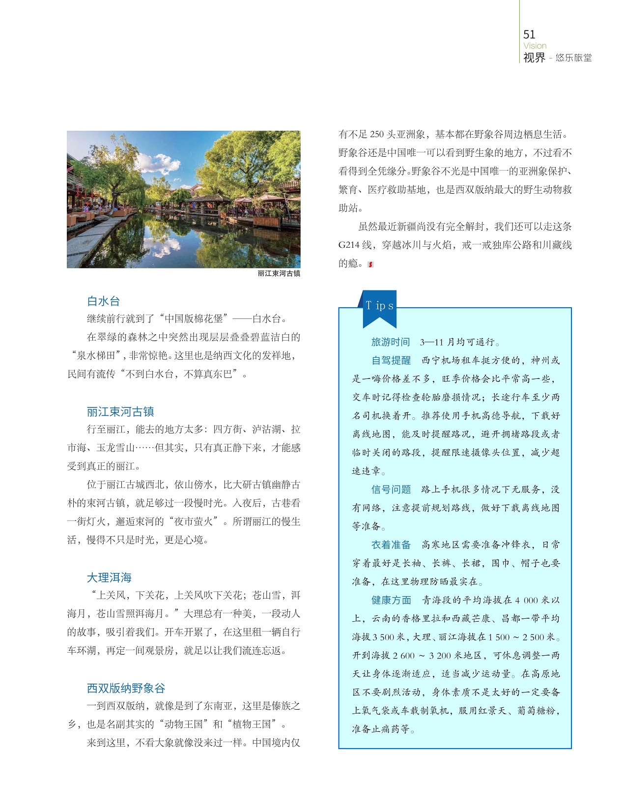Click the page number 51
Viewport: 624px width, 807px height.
(x=529, y=34)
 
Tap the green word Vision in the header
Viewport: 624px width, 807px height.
(x=535, y=46)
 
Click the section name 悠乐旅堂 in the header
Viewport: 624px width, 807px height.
(x=573, y=58)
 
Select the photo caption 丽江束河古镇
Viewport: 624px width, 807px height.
(x=279, y=273)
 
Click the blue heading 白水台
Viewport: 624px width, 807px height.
(x=103, y=301)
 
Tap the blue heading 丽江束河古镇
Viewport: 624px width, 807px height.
(x=120, y=411)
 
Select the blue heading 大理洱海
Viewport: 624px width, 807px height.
(x=109, y=577)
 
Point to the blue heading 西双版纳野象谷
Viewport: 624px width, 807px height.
(x=126, y=688)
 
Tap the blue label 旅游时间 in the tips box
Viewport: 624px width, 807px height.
(x=391, y=342)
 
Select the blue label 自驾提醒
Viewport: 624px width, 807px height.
(x=391, y=360)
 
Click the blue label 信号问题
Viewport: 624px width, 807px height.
(x=391, y=490)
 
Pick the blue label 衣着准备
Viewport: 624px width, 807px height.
(x=391, y=545)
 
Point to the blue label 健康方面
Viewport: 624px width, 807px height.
(x=391, y=600)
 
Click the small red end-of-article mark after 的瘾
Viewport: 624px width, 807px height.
(x=370, y=264)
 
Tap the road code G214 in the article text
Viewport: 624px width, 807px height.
(x=349, y=245)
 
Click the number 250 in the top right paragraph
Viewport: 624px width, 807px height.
(x=377, y=134)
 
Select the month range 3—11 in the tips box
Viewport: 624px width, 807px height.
(x=431, y=342)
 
